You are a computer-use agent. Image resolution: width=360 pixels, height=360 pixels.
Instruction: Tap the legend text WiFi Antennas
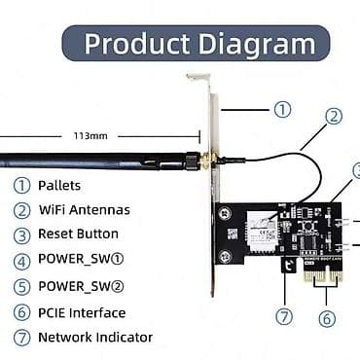84,209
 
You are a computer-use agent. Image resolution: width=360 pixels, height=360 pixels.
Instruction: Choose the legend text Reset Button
78,234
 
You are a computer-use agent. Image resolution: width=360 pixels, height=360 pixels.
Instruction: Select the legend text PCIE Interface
82,312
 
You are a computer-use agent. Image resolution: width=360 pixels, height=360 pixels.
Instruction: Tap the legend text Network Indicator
94,338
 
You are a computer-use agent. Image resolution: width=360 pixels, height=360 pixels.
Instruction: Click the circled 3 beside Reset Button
21,234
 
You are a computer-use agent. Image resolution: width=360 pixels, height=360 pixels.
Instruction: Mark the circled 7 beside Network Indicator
21,338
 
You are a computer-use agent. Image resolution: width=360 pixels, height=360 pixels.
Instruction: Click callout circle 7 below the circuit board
283,315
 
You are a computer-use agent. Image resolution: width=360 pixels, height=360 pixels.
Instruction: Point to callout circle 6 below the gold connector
328,317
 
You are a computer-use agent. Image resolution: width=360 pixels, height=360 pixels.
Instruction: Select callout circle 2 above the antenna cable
334,116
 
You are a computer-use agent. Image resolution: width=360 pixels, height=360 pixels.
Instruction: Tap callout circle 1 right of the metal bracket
282,109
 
